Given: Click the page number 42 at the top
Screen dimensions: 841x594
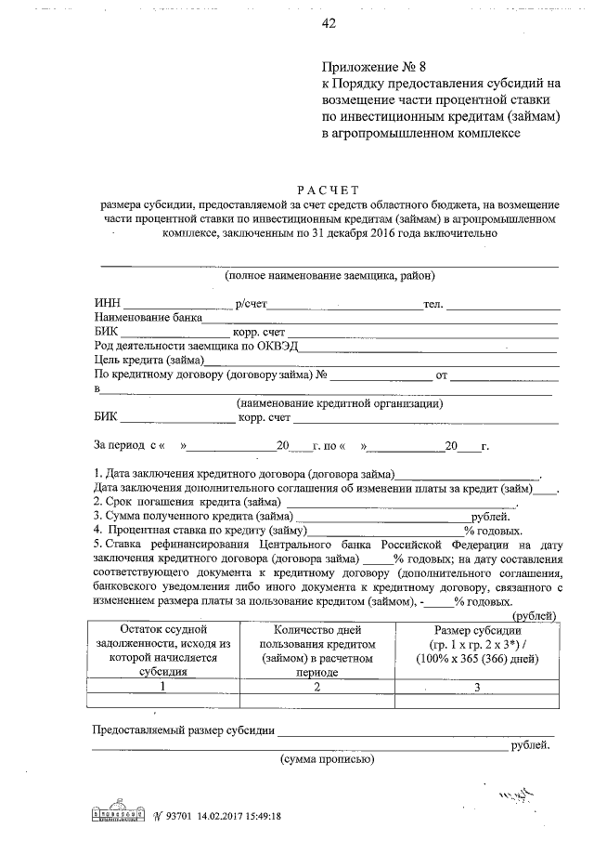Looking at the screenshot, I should click(x=328, y=24).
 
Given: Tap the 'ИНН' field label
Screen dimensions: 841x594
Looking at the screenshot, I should click(x=107, y=304).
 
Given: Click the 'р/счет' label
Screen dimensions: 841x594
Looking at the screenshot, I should click(x=251, y=304).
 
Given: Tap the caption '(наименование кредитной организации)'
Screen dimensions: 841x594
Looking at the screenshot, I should click(x=339, y=403).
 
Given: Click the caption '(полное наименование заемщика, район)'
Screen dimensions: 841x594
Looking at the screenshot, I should click(x=329, y=276).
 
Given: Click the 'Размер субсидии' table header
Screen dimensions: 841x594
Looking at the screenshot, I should click(x=477, y=631).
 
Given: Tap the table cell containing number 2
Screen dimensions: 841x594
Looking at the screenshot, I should click(x=316, y=687).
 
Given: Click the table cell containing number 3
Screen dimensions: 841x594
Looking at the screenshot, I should click(x=477, y=687).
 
